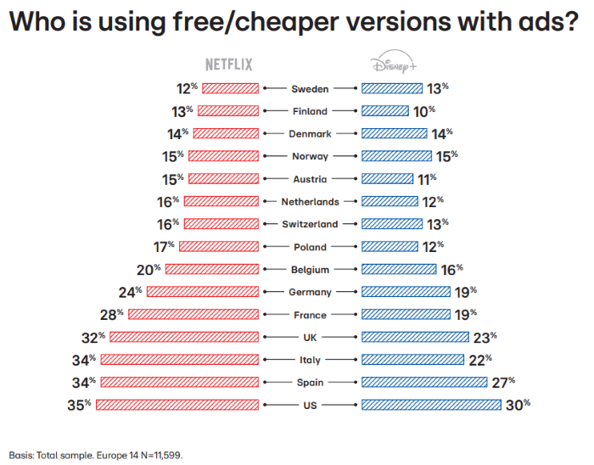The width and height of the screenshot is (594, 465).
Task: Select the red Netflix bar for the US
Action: pos(177,404)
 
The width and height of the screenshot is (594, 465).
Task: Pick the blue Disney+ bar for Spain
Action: pos(424,381)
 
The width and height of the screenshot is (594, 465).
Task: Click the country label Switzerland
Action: pos(310,224)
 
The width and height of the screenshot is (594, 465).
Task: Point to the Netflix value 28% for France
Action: pos(115,314)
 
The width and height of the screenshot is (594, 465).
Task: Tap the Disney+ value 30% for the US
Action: pos(519,404)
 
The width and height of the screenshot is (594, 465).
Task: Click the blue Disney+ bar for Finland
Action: pos(387,110)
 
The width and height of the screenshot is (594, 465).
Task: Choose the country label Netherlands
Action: pos(310,202)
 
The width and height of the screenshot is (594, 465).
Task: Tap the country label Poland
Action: pos(310,247)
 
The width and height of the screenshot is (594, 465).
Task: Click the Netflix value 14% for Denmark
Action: pos(178,133)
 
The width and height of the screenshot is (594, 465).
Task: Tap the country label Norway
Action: pos(310,156)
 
